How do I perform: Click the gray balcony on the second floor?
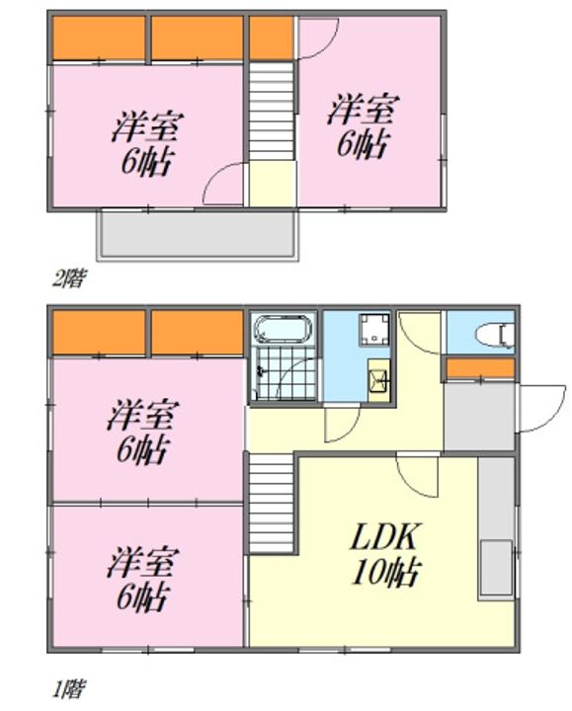(197, 235)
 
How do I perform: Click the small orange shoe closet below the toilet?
(480, 368)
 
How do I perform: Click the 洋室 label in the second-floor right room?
(358, 107)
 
